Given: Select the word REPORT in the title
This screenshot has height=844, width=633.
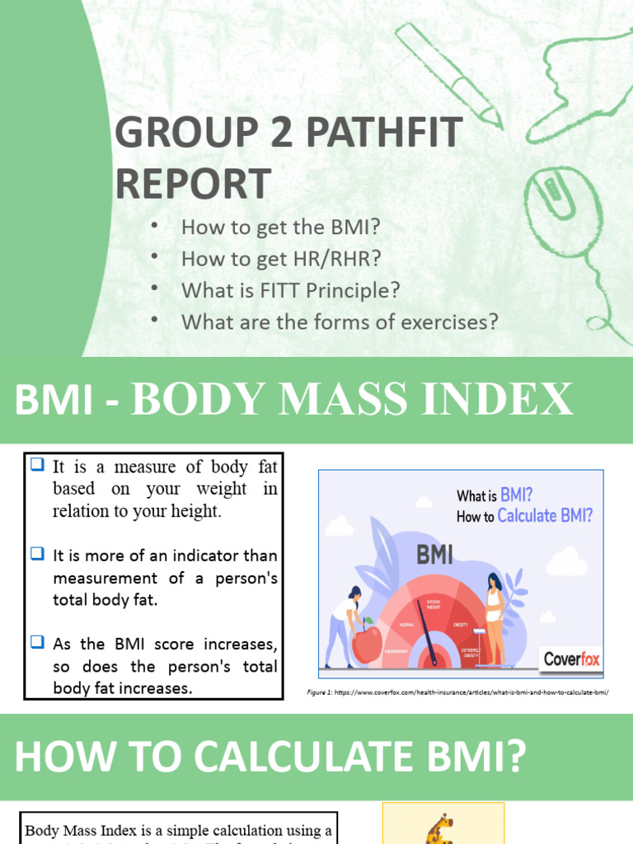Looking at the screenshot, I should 193,183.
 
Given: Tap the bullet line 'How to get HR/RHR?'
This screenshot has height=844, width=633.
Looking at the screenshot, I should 281,259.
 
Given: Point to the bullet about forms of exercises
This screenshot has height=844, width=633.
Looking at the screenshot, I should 340,321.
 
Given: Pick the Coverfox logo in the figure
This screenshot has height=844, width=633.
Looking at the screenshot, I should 571,659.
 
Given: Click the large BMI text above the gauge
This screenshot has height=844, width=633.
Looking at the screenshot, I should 434,555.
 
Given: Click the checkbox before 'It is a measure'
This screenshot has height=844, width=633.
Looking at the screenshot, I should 37,465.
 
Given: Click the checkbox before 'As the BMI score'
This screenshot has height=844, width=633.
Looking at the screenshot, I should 37,642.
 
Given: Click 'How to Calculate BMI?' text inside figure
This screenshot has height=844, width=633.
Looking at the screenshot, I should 524,517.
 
